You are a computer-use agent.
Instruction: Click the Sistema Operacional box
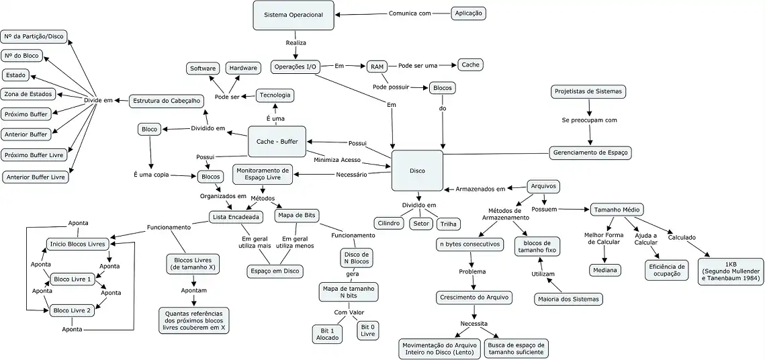point(294,15)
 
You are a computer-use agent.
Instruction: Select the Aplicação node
point(468,13)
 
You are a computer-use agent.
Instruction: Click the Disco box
point(417,171)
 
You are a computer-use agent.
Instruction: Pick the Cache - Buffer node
point(277,142)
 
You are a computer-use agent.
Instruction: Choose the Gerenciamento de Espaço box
point(590,152)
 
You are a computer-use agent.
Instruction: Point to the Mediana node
point(605,270)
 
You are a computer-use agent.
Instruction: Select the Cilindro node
point(389,223)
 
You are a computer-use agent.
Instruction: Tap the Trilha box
point(449,224)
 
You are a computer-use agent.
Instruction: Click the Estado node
point(15,75)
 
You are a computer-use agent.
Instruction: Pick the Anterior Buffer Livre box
point(36,177)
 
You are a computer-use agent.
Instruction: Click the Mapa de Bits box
point(296,216)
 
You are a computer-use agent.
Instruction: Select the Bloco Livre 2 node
point(73,310)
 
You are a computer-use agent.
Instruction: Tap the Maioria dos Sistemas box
point(568,299)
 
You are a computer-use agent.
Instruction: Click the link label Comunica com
point(410,13)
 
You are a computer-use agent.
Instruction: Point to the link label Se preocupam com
point(589,120)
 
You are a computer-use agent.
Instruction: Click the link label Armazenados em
point(480,189)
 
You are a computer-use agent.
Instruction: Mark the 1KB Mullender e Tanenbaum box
point(730,271)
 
